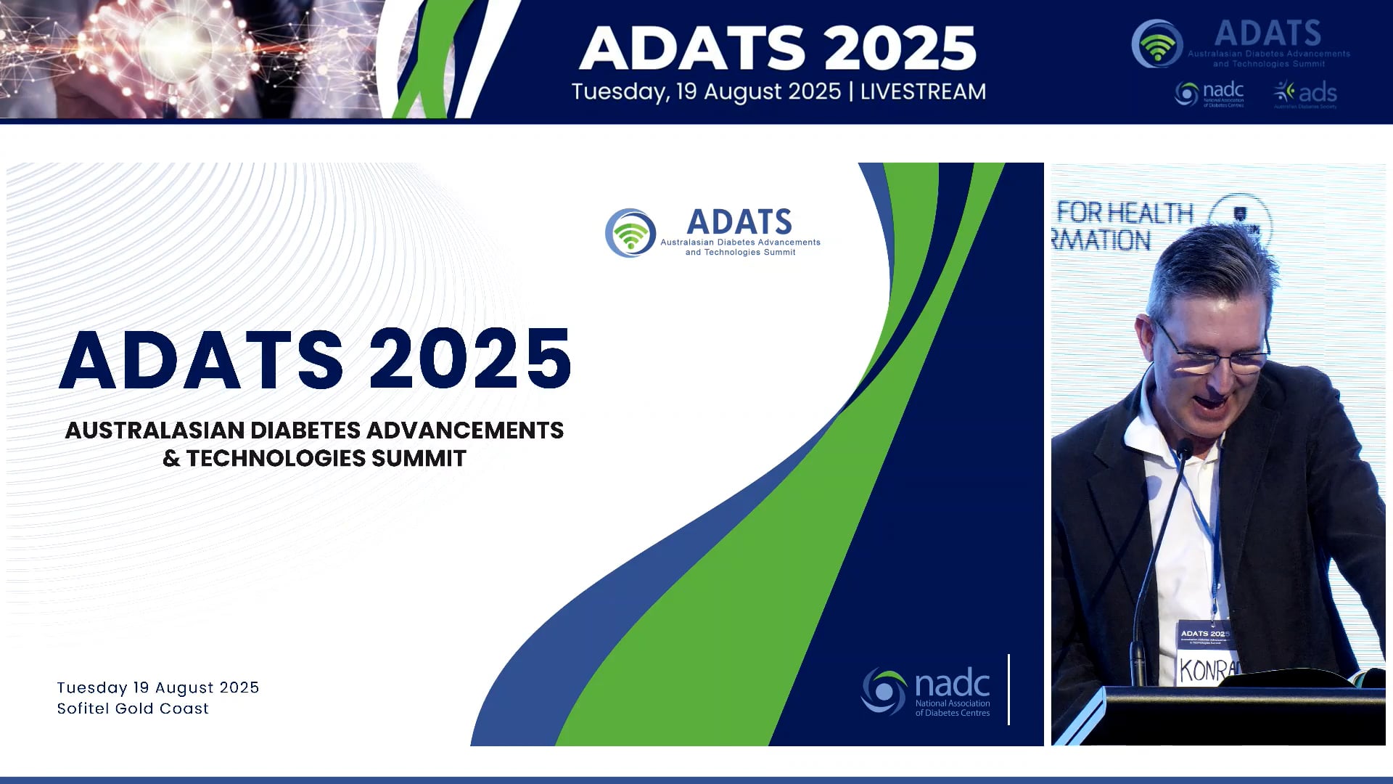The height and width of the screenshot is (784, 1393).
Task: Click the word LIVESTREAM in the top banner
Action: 923,92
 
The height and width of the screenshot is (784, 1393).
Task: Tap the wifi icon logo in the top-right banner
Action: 1157,44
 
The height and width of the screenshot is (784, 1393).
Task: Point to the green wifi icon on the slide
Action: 630,234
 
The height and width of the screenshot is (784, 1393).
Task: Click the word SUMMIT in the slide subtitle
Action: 419,459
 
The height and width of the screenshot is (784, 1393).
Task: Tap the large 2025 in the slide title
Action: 470,359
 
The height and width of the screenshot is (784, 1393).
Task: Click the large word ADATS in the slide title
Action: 202,359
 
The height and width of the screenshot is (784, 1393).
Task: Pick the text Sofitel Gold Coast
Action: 133,709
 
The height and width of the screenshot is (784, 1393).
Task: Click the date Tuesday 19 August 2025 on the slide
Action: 158,687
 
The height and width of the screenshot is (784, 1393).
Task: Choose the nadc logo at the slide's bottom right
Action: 926,692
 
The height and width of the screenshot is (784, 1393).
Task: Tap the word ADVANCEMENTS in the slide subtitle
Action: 465,430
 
